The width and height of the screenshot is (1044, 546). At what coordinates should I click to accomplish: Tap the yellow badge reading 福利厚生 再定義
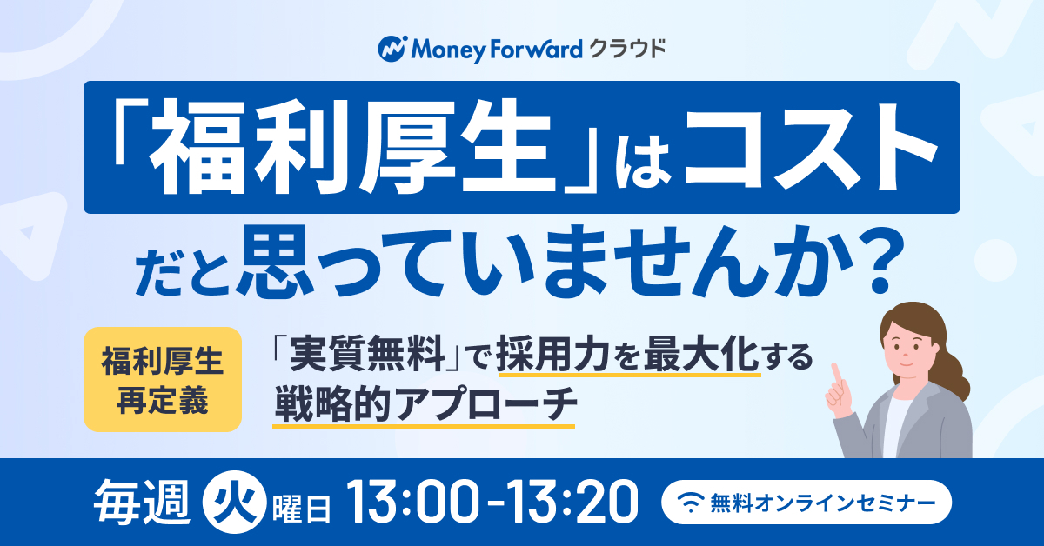pyautogui.click(x=162, y=379)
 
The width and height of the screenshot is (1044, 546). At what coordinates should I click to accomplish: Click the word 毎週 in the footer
pyautogui.click(x=141, y=503)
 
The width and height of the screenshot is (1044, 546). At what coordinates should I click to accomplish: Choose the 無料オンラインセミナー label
pyautogui.click(x=822, y=503)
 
